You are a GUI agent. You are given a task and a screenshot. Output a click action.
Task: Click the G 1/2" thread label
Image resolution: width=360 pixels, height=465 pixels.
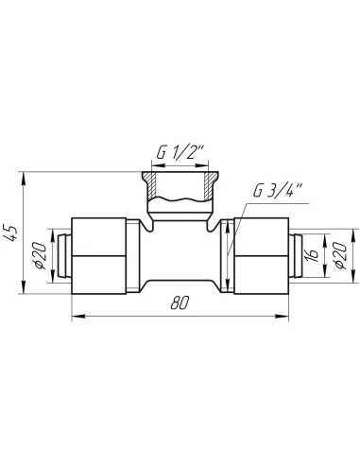click(x=180, y=153)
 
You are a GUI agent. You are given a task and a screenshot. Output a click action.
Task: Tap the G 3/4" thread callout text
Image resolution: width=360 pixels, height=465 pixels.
click(x=278, y=190)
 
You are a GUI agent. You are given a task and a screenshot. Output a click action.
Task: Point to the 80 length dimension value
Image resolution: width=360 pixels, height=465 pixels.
click(x=180, y=303)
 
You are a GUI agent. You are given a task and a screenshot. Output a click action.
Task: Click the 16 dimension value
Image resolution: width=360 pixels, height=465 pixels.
click(x=311, y=255)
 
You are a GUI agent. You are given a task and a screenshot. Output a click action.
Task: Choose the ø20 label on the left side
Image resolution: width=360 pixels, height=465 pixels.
click(x=40, y=255)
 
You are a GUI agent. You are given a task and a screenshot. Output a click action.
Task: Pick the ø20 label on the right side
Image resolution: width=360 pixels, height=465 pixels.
click(x=341, y=255)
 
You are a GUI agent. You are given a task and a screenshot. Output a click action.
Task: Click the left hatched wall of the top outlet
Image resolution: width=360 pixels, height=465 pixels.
click(x=153, y=188)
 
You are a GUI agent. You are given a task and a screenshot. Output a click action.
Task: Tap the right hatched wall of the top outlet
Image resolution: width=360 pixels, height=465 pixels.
click(x=207, y=188)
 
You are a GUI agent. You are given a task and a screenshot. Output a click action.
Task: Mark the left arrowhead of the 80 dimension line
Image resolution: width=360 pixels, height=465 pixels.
click(x=78, y=316)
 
